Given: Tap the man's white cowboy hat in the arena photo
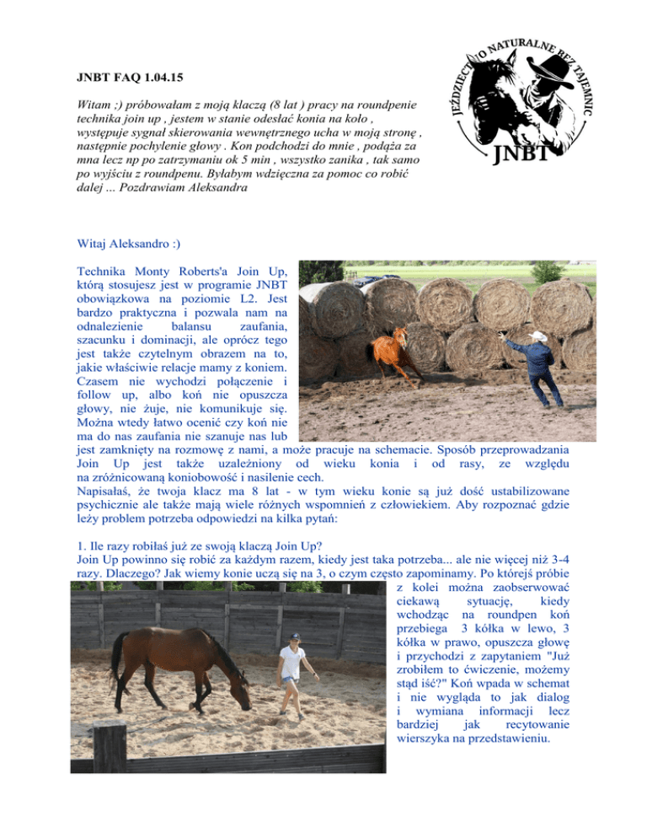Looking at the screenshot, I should [x=534, y=334].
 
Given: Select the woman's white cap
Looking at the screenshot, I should [x=294, y=638].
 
